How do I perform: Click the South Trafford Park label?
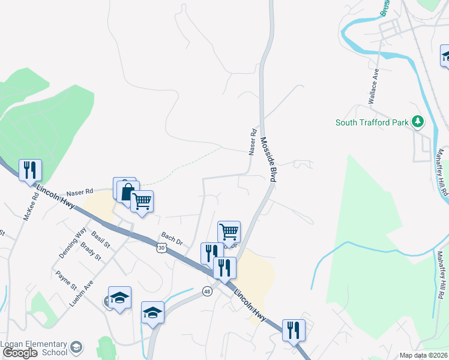tap(372, 123)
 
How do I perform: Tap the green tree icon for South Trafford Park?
tap(418, 122)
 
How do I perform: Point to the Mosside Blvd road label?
tap(268, 160)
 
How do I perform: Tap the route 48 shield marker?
tap(207, 292)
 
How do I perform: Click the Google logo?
tap(20, 353)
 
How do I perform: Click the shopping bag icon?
tap(127, 193)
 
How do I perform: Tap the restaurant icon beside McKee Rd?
tap(29, 170)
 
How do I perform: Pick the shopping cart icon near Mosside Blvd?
tap(229, 232)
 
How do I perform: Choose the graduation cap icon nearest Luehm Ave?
tap(119, 298)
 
